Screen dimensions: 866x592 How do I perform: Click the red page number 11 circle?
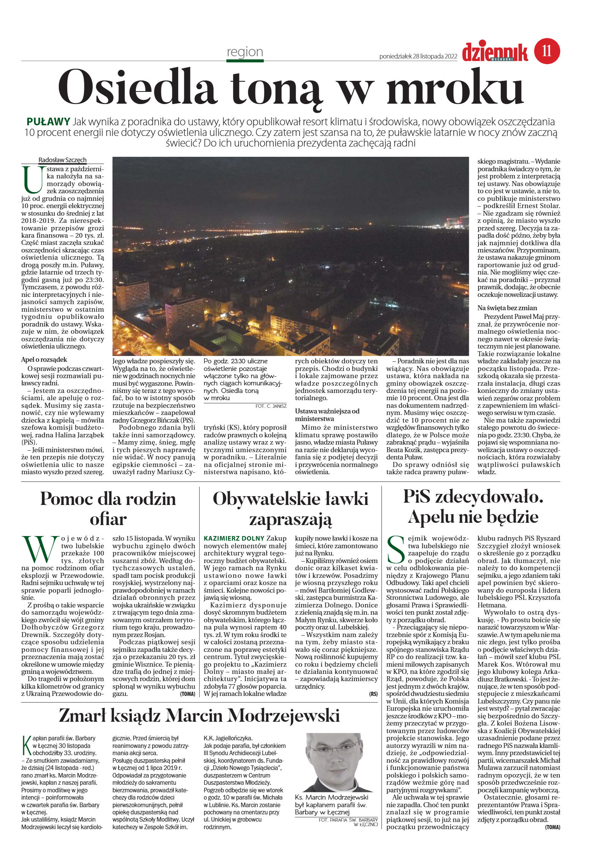[547, 50]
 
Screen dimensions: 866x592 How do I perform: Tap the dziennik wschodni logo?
[495, 52]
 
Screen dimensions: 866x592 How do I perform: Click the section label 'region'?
[245, 52]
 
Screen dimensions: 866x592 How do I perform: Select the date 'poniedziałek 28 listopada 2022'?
[418, 57]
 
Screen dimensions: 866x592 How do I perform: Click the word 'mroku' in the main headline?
[455, 88]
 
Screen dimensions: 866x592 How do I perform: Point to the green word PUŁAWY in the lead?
[48, 122]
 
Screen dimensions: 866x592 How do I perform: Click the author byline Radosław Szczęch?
[62, 160]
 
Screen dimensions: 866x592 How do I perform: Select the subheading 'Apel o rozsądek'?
[44, 360]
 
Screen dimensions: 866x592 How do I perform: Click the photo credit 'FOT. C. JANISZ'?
[271, 406]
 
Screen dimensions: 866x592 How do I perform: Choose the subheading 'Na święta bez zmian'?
[507, 308]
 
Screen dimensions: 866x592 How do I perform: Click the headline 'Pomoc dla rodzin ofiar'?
[108, 509]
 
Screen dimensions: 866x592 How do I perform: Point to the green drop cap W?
[40, 549]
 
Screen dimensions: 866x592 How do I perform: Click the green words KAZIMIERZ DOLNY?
[234, 538]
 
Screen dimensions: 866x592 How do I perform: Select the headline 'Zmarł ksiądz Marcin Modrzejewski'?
[199, 715]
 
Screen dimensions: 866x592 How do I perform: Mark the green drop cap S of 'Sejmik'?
[396, 549]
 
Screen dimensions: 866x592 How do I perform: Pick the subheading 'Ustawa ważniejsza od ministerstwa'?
[327, 415]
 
